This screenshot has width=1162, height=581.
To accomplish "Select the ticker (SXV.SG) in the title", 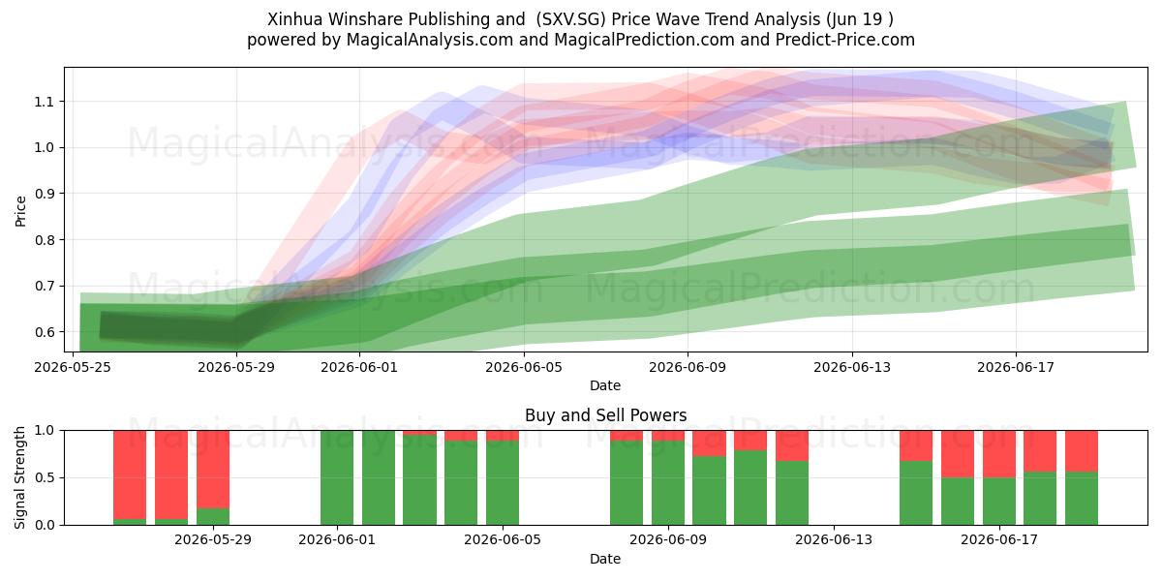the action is click(570, 19).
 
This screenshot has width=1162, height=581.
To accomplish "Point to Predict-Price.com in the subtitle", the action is click(845, 40).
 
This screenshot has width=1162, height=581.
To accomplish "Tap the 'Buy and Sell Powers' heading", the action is click(605, 415).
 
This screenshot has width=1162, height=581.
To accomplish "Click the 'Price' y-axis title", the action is click(20, 211).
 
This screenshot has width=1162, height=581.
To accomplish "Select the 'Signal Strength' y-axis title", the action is click(19, 477).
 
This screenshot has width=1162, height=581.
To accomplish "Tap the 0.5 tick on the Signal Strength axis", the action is click(46, 477).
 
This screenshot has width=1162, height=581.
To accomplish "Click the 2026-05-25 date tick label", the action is click(73, 367).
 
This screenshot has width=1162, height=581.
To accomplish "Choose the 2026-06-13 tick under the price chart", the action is click(852, 367).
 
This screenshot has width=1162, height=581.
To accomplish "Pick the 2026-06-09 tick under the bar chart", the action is click(668, 540).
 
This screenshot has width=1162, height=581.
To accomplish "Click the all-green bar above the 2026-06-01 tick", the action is click(337, 477).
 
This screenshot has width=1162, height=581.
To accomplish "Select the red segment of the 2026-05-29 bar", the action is click(213, 470).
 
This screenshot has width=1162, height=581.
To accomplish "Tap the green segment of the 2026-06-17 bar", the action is click(999, 502).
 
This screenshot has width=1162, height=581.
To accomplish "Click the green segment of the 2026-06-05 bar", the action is click(503, 483).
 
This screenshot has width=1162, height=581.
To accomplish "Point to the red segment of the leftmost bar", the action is click(130, 474).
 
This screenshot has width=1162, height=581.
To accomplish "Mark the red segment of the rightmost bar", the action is click(1082, 451).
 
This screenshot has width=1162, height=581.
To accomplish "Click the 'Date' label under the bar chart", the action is click(605, 559).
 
